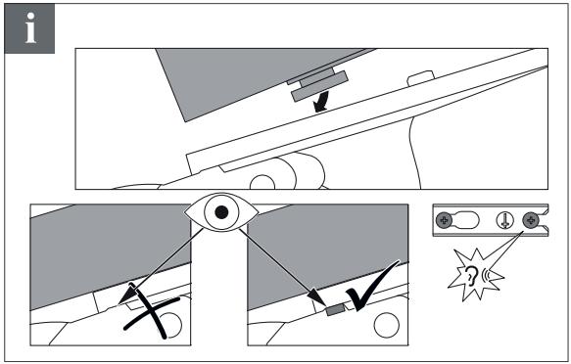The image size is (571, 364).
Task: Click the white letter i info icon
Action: (x=30, y=28)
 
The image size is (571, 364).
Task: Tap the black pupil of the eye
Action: (x=221, y=212)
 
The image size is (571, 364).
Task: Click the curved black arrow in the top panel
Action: (x=321, y=102)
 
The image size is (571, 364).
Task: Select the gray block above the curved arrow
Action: (x=319, y=86)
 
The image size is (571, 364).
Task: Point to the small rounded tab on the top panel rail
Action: (x=420, y=78)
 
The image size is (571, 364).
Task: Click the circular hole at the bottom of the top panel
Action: (x=262, y=182)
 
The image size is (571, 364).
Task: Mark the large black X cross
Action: (x=152, y=312)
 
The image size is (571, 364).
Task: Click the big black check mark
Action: (x=373, y=286)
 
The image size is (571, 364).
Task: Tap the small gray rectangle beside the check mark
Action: (x=335, y=310)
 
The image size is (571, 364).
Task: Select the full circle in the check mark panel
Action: (x=386, y=325)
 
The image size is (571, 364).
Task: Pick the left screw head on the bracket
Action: (x=444, y=220)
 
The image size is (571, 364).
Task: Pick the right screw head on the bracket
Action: (x=530, y=220)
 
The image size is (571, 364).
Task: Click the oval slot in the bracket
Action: (x=466, y=220)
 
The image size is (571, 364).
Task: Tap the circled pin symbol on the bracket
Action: (x=505, y=220)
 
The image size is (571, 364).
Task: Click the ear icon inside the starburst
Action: (x=471, y=275)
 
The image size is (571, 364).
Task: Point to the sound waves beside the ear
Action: (x=486, y=275)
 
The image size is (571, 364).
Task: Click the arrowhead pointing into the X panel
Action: (x=126, y=296)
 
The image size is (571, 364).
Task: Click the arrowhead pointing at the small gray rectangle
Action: (x=316, y=296)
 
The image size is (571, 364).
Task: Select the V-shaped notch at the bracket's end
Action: (x=545, y=220)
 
